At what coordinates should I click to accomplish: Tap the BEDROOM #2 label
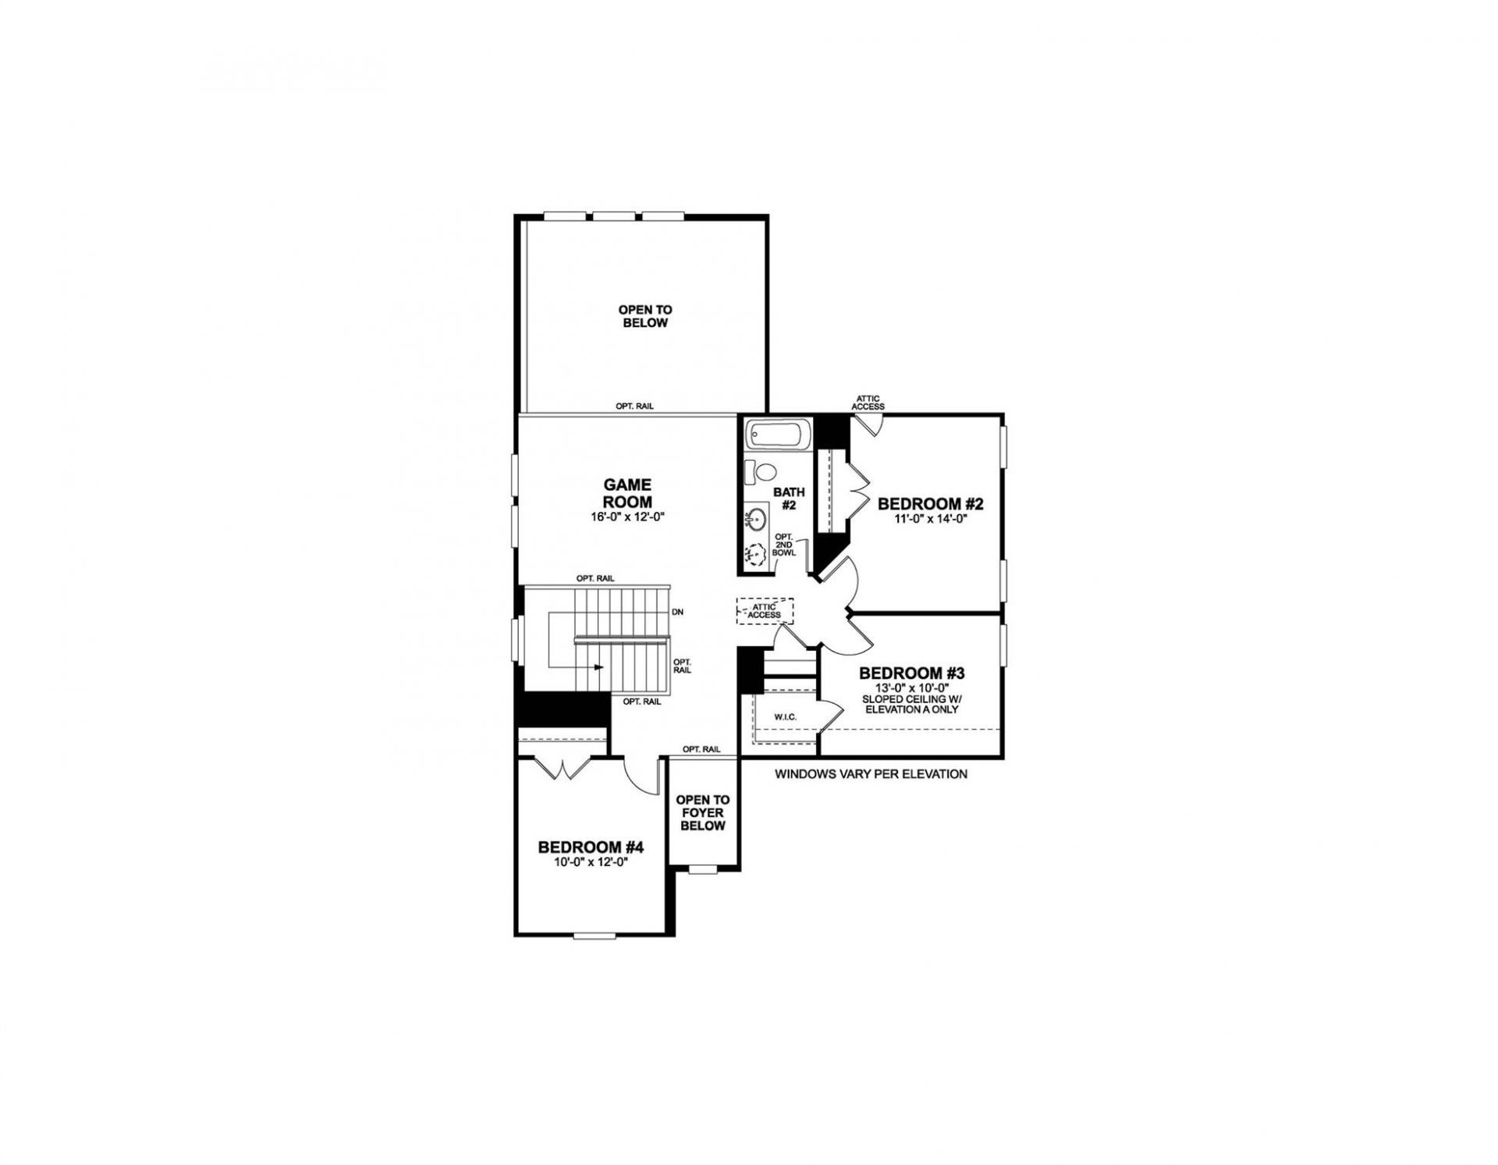(x=931, y=503)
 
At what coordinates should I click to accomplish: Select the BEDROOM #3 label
(x=912, y=673)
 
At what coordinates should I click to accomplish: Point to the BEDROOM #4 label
(x=591, y=847)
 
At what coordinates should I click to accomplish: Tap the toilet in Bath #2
(x=758, y=471)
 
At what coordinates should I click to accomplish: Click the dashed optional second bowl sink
(x=755, y=554)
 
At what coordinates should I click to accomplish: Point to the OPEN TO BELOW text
(x=644, y=316)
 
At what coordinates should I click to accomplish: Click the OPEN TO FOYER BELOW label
(x=703, y=812)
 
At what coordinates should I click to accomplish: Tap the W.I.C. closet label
(x=785, y=716)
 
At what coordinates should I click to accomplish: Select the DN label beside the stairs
(x=677, y=613)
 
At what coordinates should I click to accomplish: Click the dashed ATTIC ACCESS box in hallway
(x=765, y=611)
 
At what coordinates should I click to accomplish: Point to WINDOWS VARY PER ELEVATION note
(x=871, y=774)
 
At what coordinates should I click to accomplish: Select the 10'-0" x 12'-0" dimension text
(x=591, y=862)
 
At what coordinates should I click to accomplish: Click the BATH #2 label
(x=789, y=498)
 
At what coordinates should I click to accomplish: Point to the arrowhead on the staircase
(x=599, y=667)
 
